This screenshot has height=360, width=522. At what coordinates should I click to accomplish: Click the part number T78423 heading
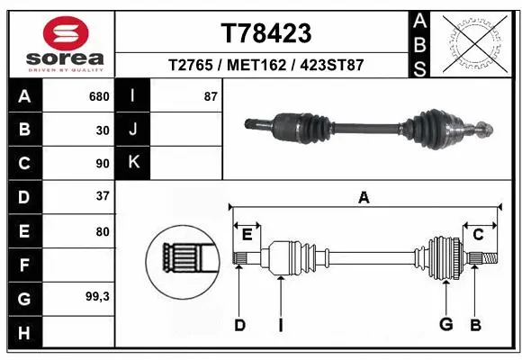pyautogui.click(x=265, y=34)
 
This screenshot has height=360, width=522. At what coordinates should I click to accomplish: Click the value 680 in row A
pyautogui.click(x=99, y=96)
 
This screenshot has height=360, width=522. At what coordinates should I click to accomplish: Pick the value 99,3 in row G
pyautogui.click(x=97, y=296)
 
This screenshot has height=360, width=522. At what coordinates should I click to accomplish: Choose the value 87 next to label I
pyautogui.click(x=211, y=96)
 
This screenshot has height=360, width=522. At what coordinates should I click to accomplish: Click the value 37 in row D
pyautogui.click(x=102, y=196)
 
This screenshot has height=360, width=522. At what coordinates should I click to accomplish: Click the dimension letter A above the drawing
pyautogui.click(x=364, y=198)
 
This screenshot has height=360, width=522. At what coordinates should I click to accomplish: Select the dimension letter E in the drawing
pyautogui.click(x=247, y=235)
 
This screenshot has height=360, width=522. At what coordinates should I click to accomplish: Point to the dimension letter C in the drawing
pyautogui.click(x=478, y=235)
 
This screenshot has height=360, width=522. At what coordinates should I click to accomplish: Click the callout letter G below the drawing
pyautogui.click(x=444, y=325)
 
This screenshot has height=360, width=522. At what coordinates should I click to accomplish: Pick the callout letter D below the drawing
pyautogui.click(x=239, y=325)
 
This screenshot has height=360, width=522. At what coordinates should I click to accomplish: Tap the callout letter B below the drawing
pyautogui.click(x=475, y=325)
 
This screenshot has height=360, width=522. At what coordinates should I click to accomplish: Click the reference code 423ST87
pyautogui.click(x=333, y=66)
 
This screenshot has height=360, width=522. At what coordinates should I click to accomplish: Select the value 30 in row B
pyautogui.click(x=102, y=130)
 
